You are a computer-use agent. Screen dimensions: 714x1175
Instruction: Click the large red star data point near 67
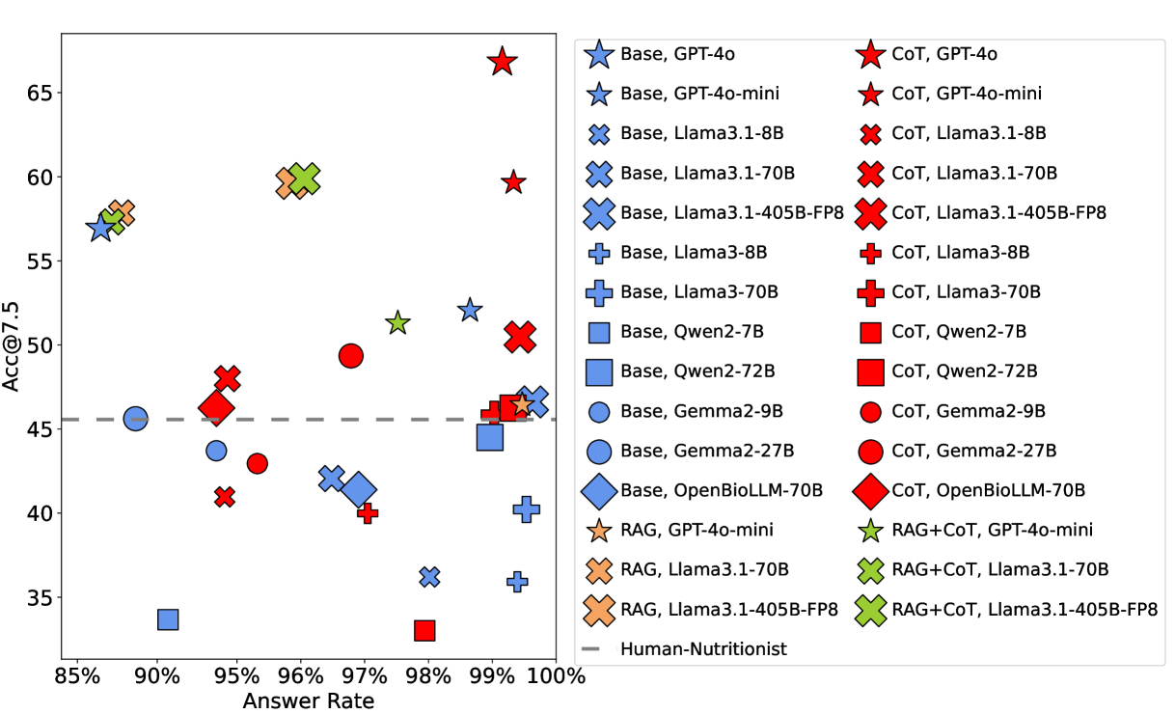point(501,61)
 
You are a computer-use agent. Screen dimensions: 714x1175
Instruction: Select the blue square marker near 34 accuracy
point(168,619)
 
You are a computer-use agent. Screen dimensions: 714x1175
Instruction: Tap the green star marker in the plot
point(397,323)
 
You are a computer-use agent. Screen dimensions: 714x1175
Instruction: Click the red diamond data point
point(216,408)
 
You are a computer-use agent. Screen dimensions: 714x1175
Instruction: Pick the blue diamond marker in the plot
point(359,489)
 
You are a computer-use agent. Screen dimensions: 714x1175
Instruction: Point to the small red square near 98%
point(424,630)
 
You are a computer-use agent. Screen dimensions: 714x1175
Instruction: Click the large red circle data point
point(351,355)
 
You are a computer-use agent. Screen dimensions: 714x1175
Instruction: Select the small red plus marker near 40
point(367,512)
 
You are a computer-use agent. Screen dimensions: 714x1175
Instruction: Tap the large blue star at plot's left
point(100,229)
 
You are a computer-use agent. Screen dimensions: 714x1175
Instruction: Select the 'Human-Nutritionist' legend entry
point(703,648)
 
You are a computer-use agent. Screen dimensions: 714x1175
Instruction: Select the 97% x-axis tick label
point(365,675)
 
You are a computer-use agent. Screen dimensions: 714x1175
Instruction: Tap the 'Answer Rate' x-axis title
point(308,700)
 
